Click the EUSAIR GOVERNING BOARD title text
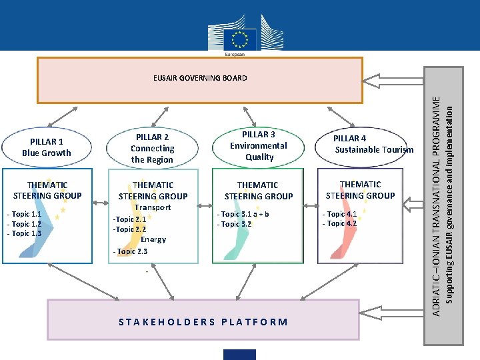point(200,78)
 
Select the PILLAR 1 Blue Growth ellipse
point(47,147)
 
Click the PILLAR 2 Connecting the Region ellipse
point(152,149)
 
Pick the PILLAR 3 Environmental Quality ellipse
point(259,146)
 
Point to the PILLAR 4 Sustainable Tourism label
point(373,145)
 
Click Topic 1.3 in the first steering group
point(25,233)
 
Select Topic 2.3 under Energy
point(131,251)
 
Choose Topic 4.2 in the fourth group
point(340,223)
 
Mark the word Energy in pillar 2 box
point(154,239)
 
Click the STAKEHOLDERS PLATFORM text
point(203,322)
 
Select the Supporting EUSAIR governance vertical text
point(449,200)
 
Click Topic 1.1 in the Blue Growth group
point(25,214)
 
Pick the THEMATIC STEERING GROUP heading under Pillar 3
point(259,191)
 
